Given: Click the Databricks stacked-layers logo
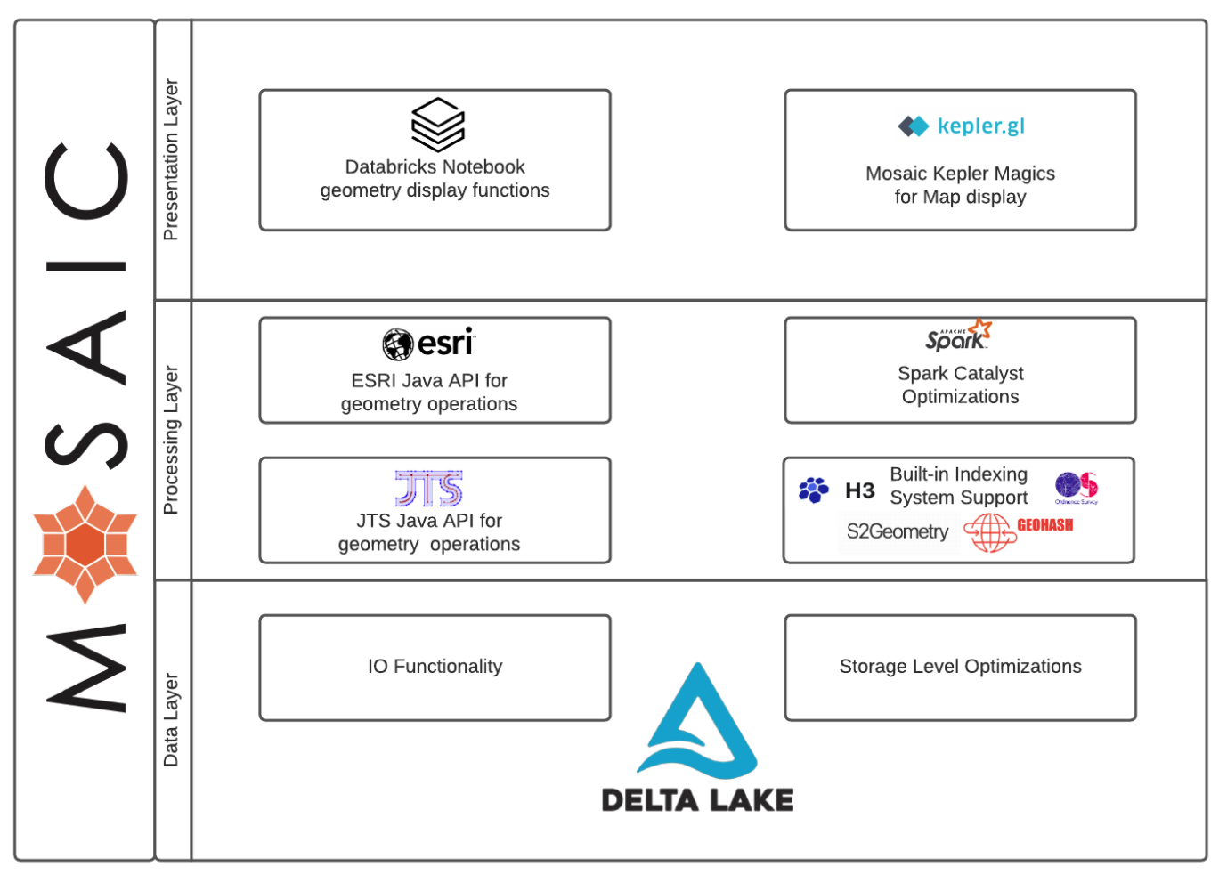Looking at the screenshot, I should click(437, 125).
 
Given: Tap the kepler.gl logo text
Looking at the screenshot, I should click(979, 126).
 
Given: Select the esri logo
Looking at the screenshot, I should click(429, 343).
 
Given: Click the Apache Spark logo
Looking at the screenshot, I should click(958, 336).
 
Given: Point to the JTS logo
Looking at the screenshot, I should click(429, 488).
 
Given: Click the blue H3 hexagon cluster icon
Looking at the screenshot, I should click(813, 490).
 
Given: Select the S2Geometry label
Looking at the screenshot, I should click(897, 531).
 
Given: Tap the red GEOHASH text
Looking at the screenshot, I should click(1044, 525).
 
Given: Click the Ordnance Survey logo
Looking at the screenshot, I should click(1076, 488).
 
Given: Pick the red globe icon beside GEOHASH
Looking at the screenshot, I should click(989, 532).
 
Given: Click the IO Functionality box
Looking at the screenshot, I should click(435, 667).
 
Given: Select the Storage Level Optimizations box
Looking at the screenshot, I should click(960, 667).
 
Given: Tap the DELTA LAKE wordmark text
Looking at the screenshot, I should click(697, 800).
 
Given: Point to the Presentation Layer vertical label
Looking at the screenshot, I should click(171, 159).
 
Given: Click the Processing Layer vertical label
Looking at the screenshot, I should click(171, 440).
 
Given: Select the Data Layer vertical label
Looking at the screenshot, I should click(171, 719).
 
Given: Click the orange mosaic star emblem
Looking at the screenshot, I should click(85, 544).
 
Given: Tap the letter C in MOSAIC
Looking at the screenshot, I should click(86, 181).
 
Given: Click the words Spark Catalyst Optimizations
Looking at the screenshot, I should click(960, 385).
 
